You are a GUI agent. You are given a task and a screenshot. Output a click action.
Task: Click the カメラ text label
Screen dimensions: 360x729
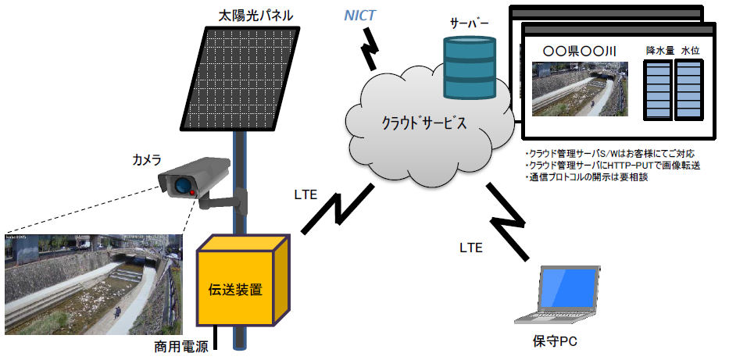pos(146,160)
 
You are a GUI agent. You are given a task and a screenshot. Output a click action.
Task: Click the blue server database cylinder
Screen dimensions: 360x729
pos(470,68)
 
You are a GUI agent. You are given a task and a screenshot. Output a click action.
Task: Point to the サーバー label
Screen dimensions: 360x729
pos(469,23)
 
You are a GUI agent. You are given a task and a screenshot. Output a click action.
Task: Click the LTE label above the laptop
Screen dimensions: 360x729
pos(470,248)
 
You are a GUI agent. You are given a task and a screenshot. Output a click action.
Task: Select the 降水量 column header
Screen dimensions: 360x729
pos(659,50)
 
